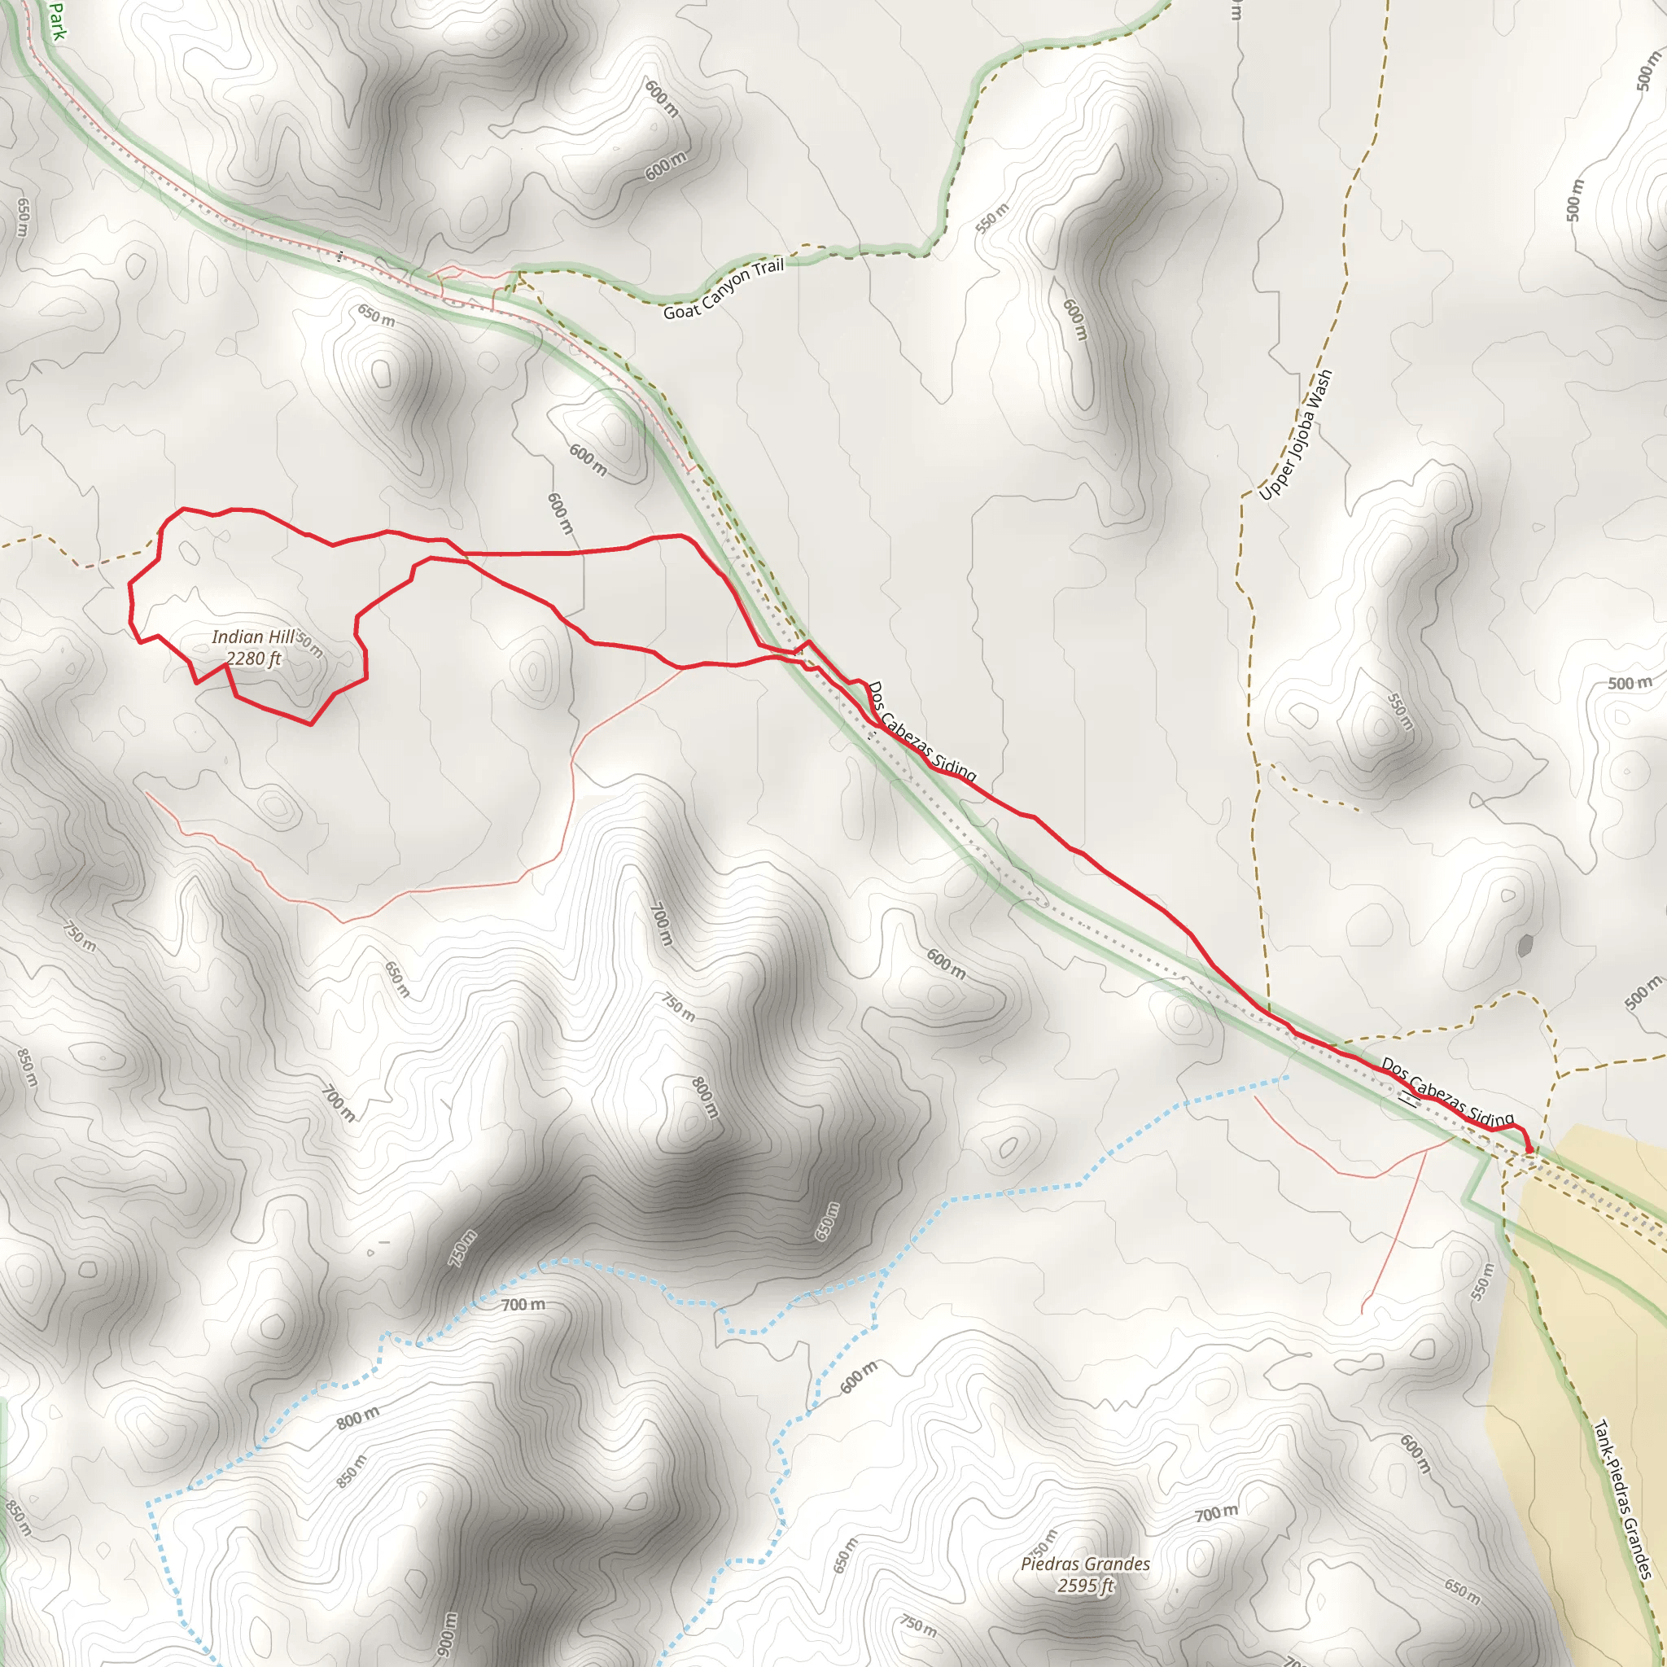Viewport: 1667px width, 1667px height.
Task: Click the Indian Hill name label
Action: [253, 637]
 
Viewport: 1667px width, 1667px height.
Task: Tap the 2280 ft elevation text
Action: [254, 659]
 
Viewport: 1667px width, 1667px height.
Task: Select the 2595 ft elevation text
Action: [1086, 1586]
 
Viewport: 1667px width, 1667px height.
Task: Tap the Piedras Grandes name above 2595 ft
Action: [1086, 1564]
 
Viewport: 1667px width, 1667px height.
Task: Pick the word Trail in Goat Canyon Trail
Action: [768, 268]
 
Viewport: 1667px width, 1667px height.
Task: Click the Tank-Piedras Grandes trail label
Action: [1622, 1499]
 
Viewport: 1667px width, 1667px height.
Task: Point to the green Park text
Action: [56, 20]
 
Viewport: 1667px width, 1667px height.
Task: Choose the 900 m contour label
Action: [446, 1634]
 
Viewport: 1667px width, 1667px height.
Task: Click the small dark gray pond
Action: [1525, 946]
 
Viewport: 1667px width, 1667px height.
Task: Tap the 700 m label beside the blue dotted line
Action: [523, 1305]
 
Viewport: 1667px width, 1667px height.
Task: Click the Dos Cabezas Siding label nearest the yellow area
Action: [1447, 1092]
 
